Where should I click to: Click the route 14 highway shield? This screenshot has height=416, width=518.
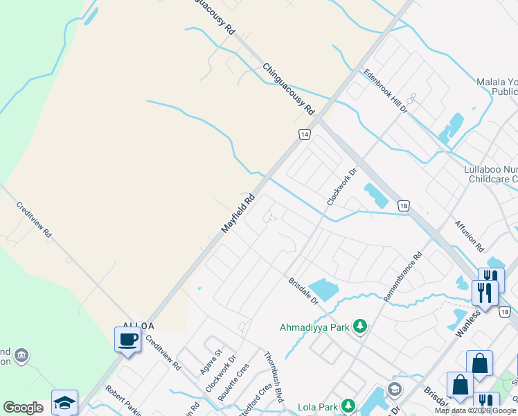[303, 134]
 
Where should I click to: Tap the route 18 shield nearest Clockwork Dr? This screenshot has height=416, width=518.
[403, 205]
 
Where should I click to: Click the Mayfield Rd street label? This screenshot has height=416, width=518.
[238, 213]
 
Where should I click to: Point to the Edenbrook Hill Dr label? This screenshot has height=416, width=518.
[385, 92]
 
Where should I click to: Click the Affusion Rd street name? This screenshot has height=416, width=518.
[469, 236]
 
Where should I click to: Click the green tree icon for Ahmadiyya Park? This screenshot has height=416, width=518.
[359, 326]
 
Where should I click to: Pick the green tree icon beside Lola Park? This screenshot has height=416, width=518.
[348, 405]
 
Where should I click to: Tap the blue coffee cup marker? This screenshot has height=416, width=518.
[127, 340]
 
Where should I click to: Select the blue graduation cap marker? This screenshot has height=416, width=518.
[64, 402]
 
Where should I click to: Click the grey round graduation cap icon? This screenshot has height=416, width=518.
[394, 389]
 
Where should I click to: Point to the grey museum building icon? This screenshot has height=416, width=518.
[21, 355]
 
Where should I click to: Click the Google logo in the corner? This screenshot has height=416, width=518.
[23, 408]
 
